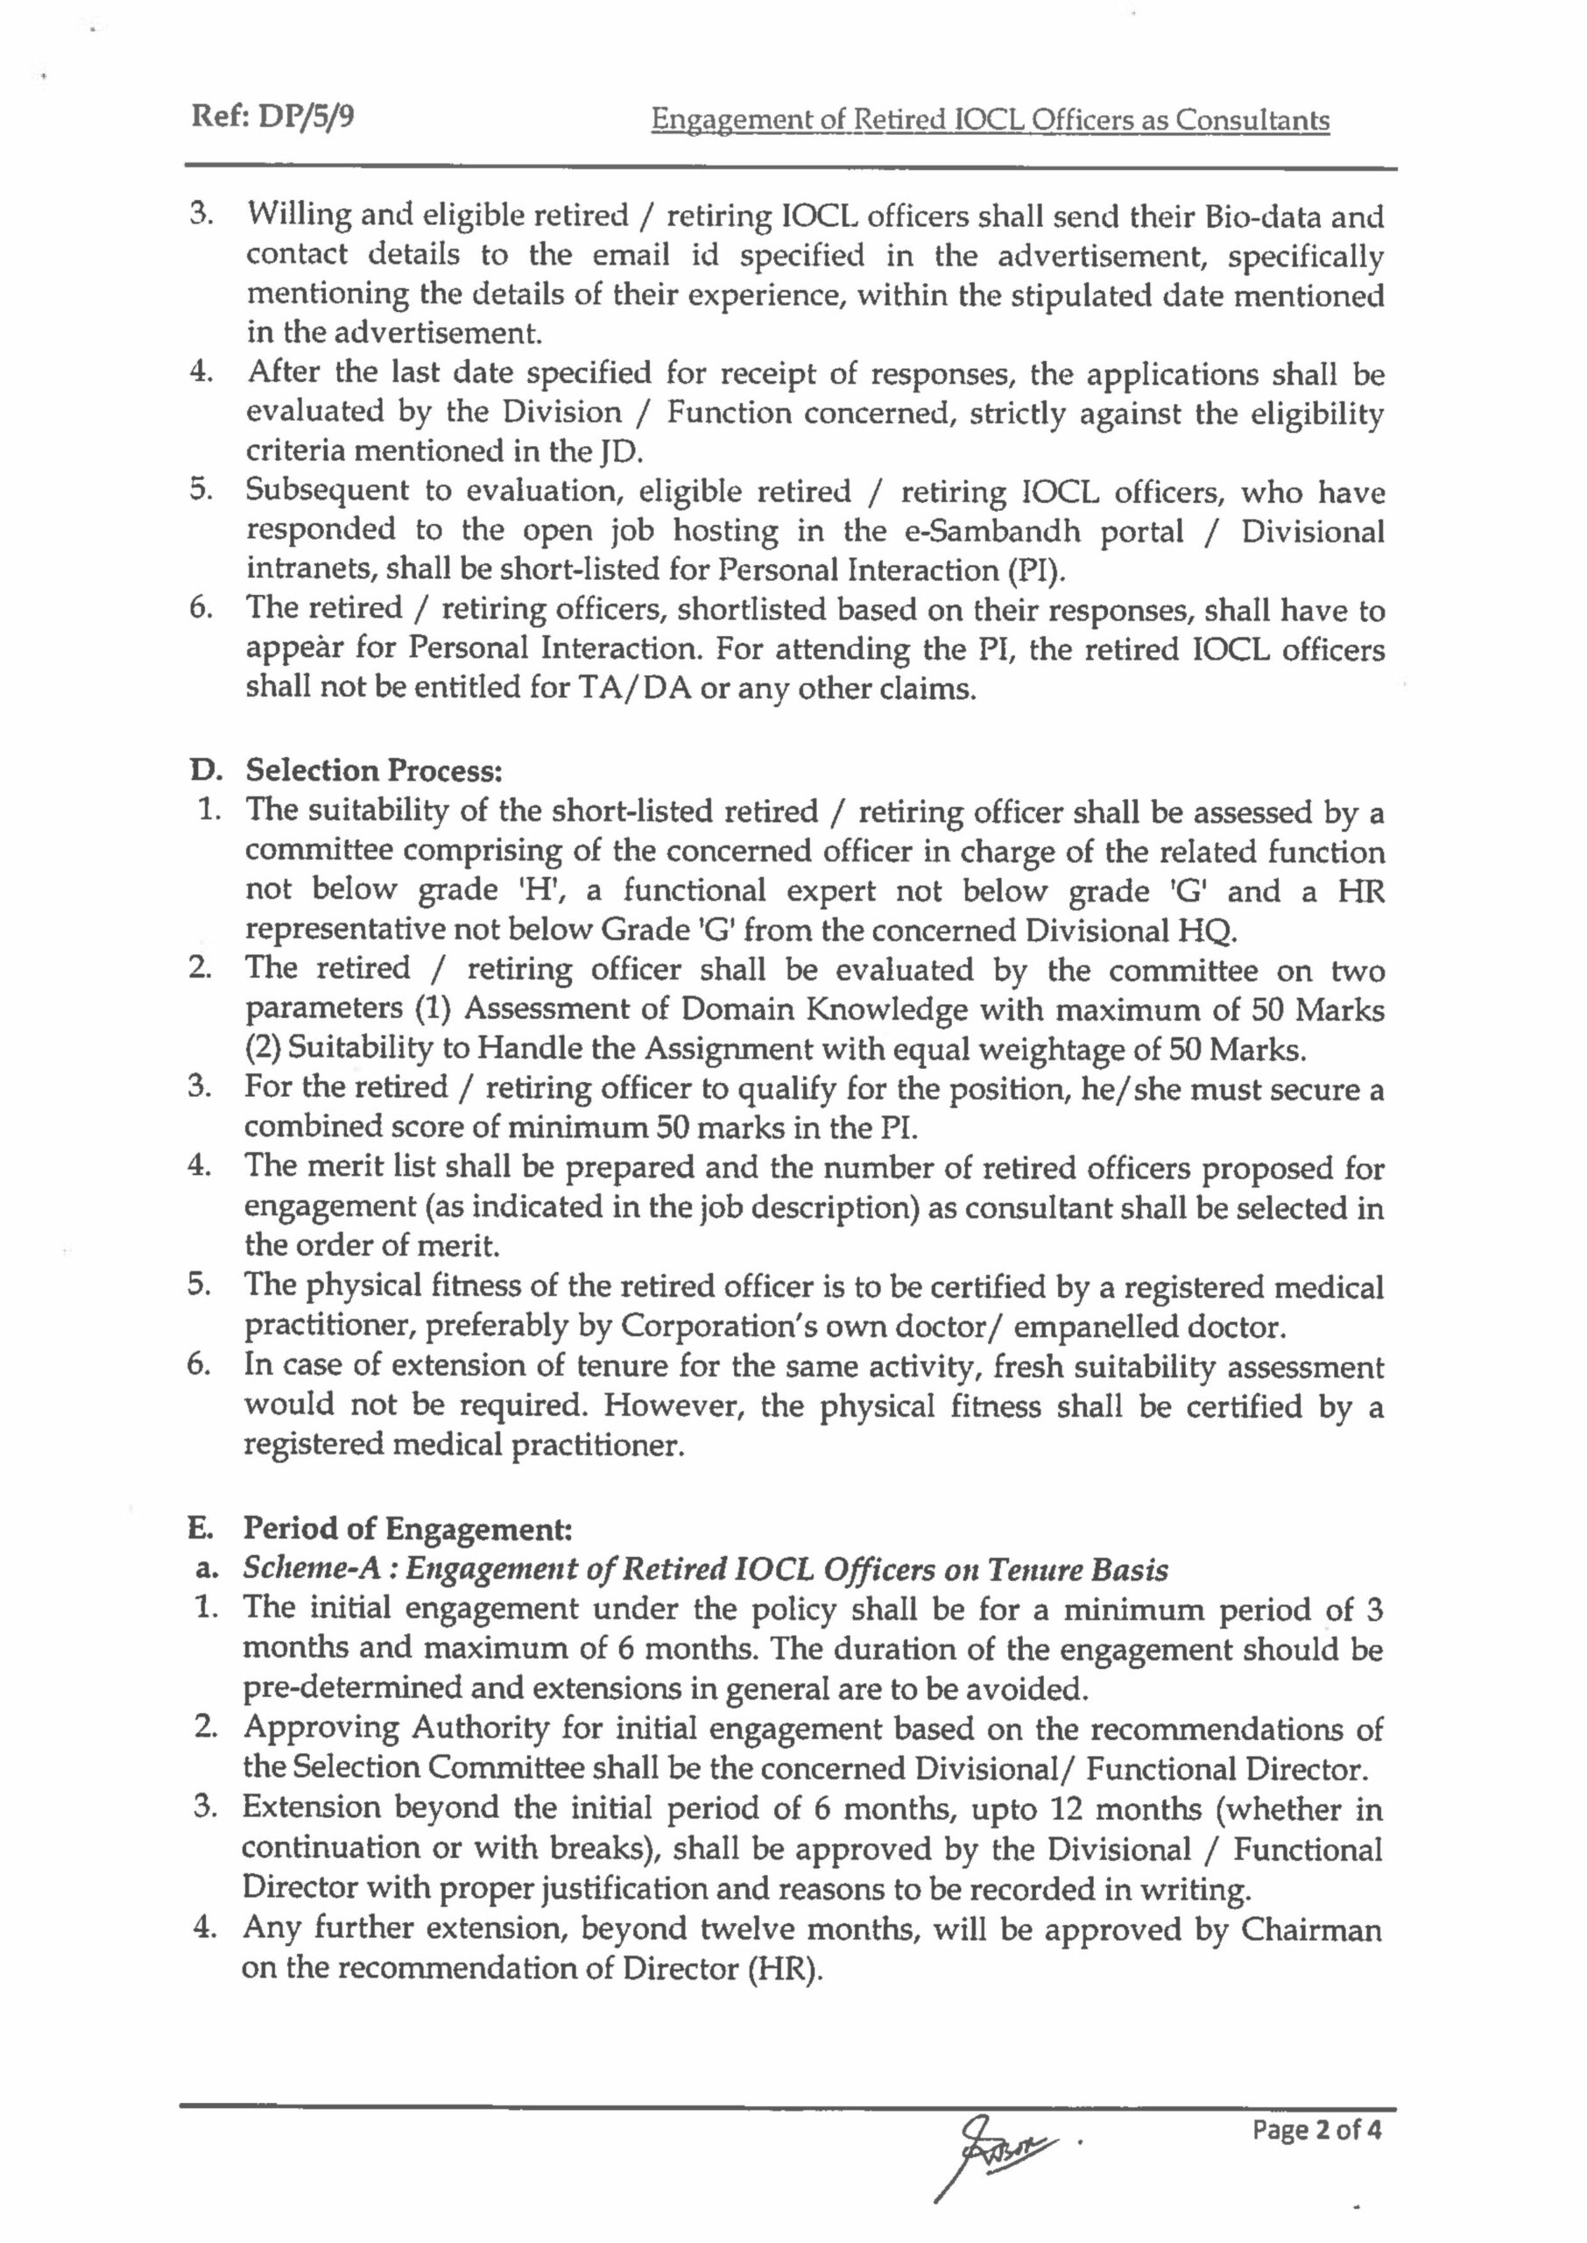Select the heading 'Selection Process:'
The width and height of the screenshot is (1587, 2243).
(373, 771)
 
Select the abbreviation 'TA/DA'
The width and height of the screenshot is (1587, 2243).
(632, 689)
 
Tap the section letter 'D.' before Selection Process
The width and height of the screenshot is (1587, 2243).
(204, 771)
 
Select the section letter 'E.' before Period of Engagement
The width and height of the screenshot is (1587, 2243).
(202, 1527)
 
